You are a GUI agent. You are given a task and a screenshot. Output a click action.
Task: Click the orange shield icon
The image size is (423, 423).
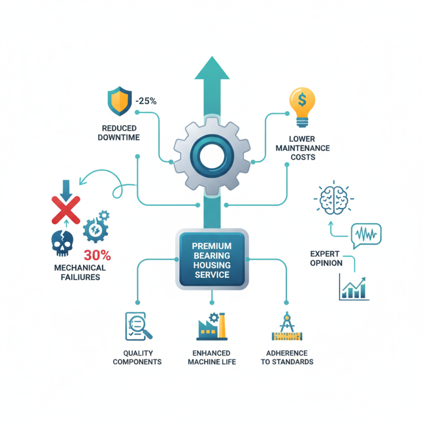pyautogui.click(x=120, y=101)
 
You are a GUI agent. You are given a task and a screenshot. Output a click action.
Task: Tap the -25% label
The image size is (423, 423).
pyautogui.click(x=146, y=101)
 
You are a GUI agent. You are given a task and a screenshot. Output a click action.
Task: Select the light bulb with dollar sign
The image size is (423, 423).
pyautogui.click(x=302, y=107)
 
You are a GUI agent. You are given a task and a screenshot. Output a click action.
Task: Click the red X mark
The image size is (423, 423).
pyautogui.click(x=66, y=210)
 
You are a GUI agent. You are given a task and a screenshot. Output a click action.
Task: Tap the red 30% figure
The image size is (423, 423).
pyautogui.click(x=97, y=255)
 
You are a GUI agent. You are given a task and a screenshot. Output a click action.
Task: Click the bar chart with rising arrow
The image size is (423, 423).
pyautogui.click(x=354, y=287)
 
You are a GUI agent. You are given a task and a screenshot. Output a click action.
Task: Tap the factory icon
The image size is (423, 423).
pyautogui.click(x=212, y=326)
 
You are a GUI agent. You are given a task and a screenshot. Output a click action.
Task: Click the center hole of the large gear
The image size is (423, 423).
pyautogui.click(x=212, y=156)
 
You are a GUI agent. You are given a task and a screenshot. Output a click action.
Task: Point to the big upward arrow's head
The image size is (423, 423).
pyautogui.click(x=212, y=68)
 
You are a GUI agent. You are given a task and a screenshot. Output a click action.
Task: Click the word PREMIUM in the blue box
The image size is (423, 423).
pyautogui.click(x=212, y=246)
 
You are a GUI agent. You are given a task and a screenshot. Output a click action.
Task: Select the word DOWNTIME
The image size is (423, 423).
pyautogui.click(x=118, y=137)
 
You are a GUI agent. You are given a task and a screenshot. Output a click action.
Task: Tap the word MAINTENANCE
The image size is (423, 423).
pyautogui.click(x=302, y=148)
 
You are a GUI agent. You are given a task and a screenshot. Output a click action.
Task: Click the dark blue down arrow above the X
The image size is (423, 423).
pyautogui.click(x=66, y=190)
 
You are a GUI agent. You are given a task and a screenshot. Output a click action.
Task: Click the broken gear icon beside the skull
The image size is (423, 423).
pyautogui.click(x=96, y=227)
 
